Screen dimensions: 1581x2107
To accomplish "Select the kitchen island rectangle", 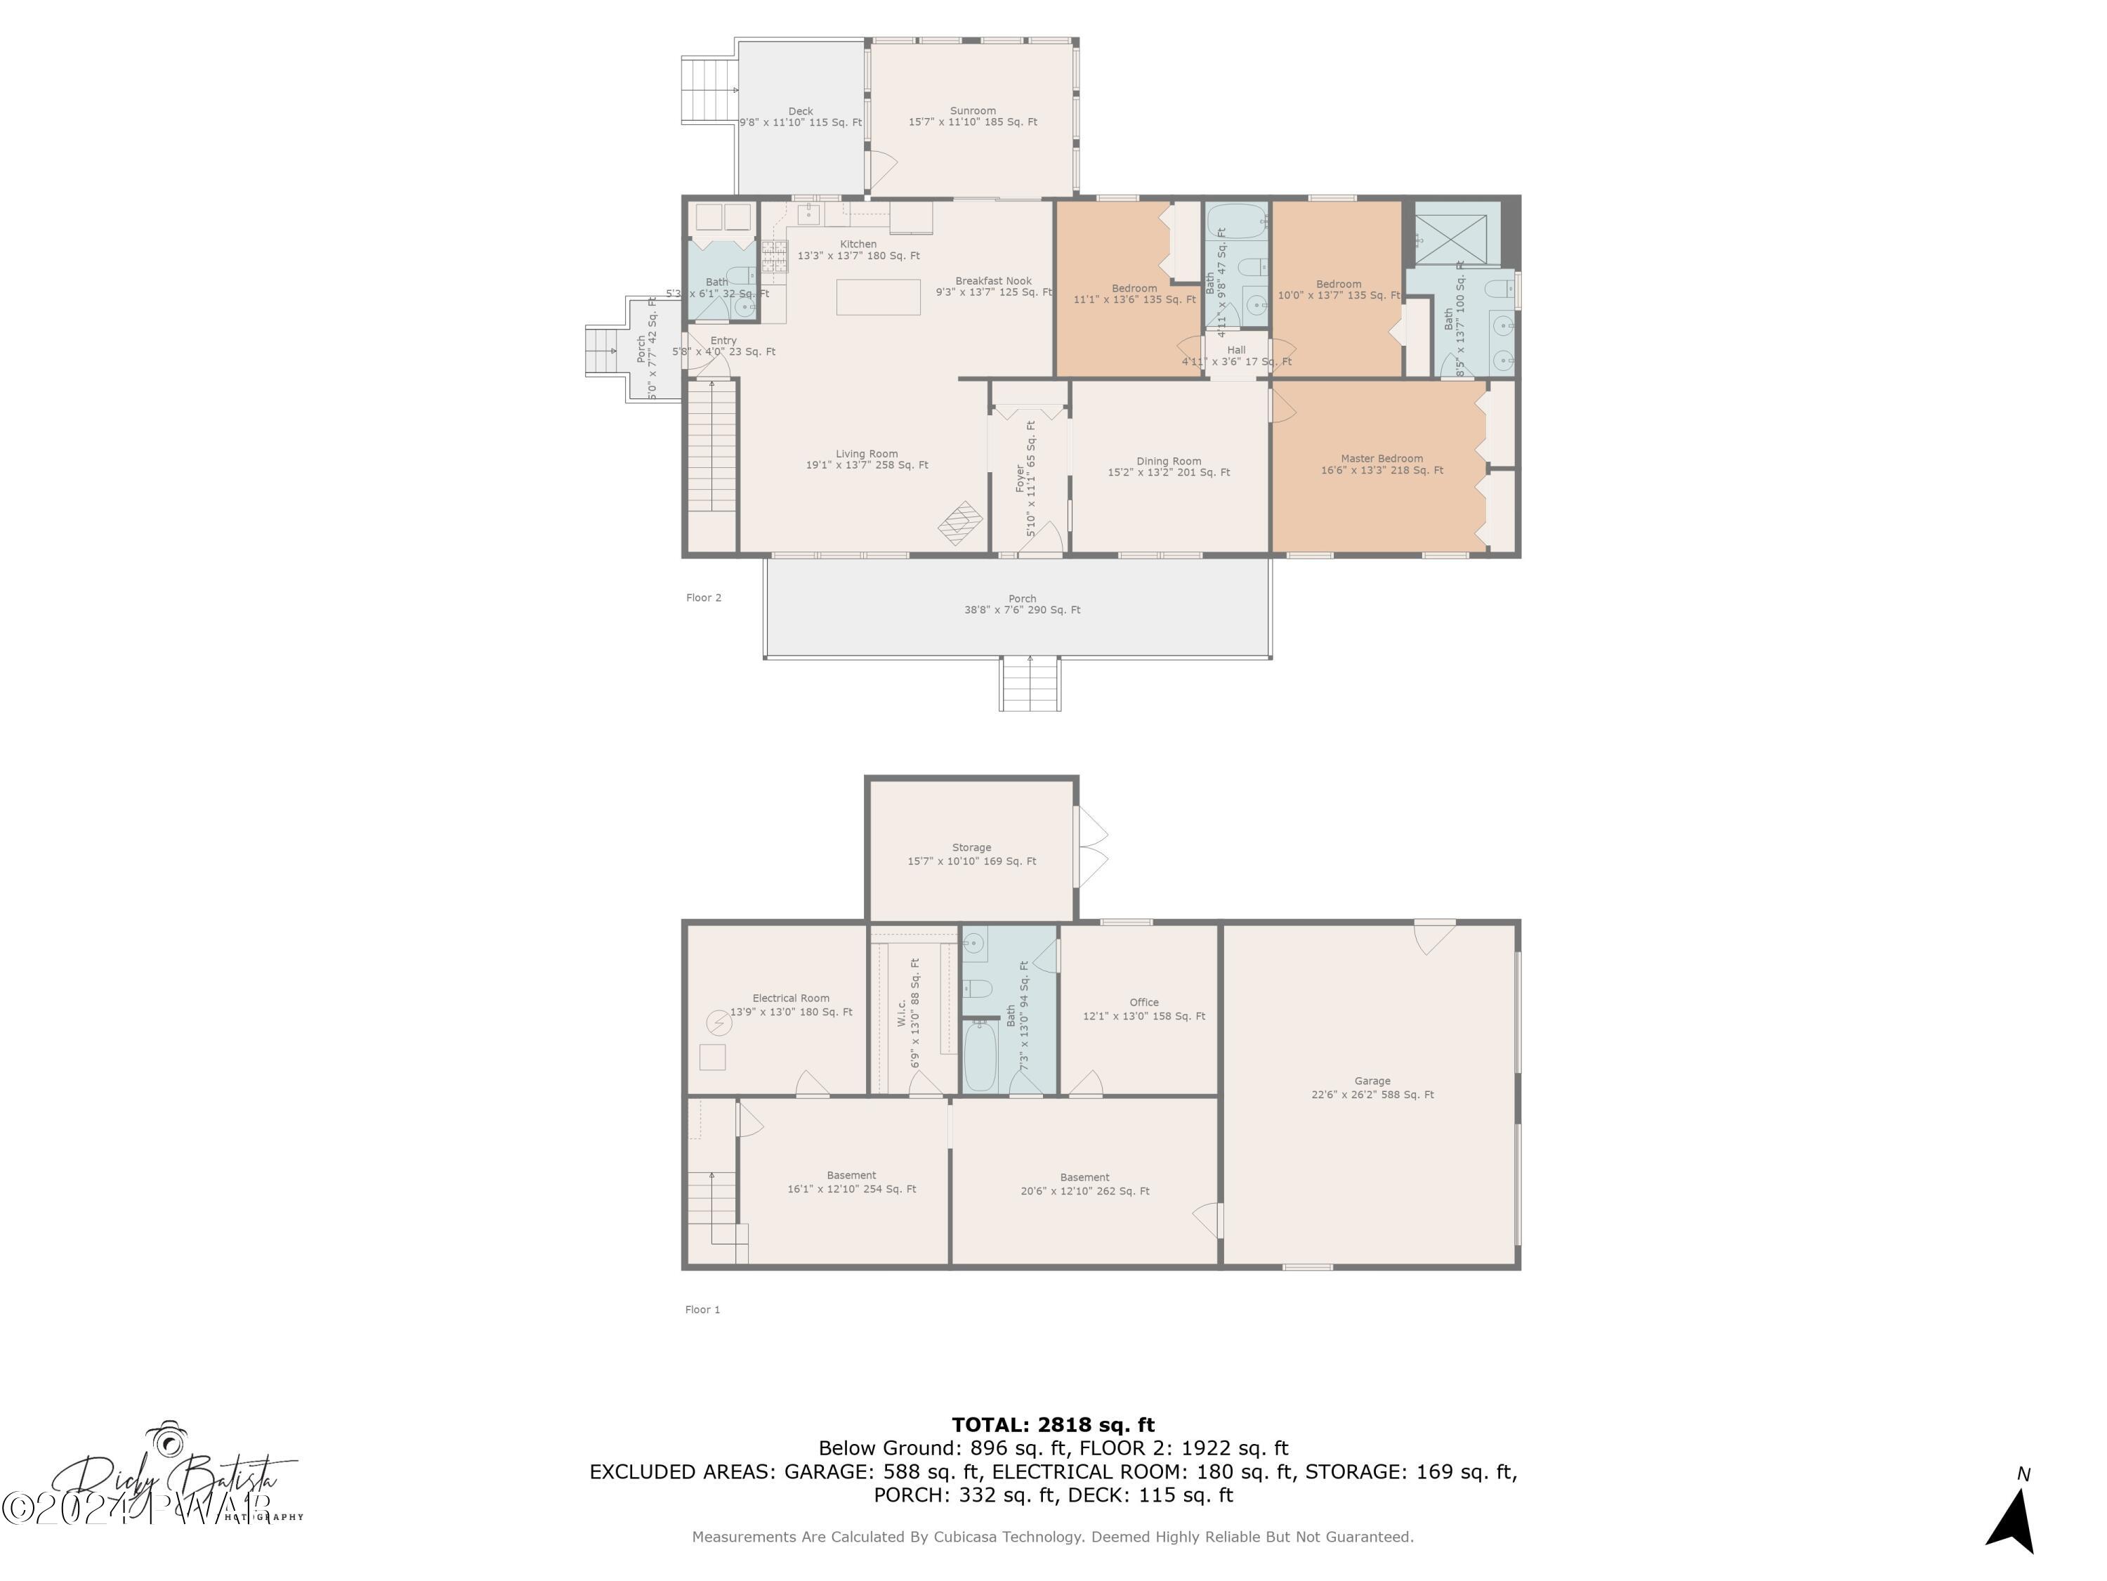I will tap(878, 297).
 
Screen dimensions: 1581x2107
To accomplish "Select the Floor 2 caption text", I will tap(703, 597).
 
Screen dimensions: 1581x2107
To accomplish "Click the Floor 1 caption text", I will tap(702, 1309).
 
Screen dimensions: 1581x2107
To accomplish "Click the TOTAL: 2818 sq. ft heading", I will tap(1053, 1425).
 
